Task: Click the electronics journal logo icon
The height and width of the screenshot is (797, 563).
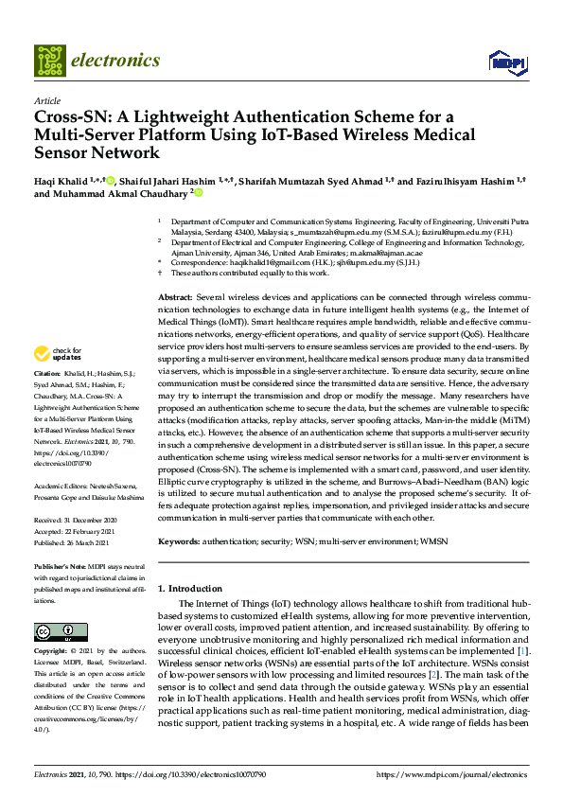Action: tap(50, 60)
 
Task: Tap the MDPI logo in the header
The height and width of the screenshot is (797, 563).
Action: tap(506, 62)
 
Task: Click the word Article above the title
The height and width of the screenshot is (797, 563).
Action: tap(46, 100)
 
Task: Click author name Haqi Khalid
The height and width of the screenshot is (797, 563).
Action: tap(62, 180)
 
